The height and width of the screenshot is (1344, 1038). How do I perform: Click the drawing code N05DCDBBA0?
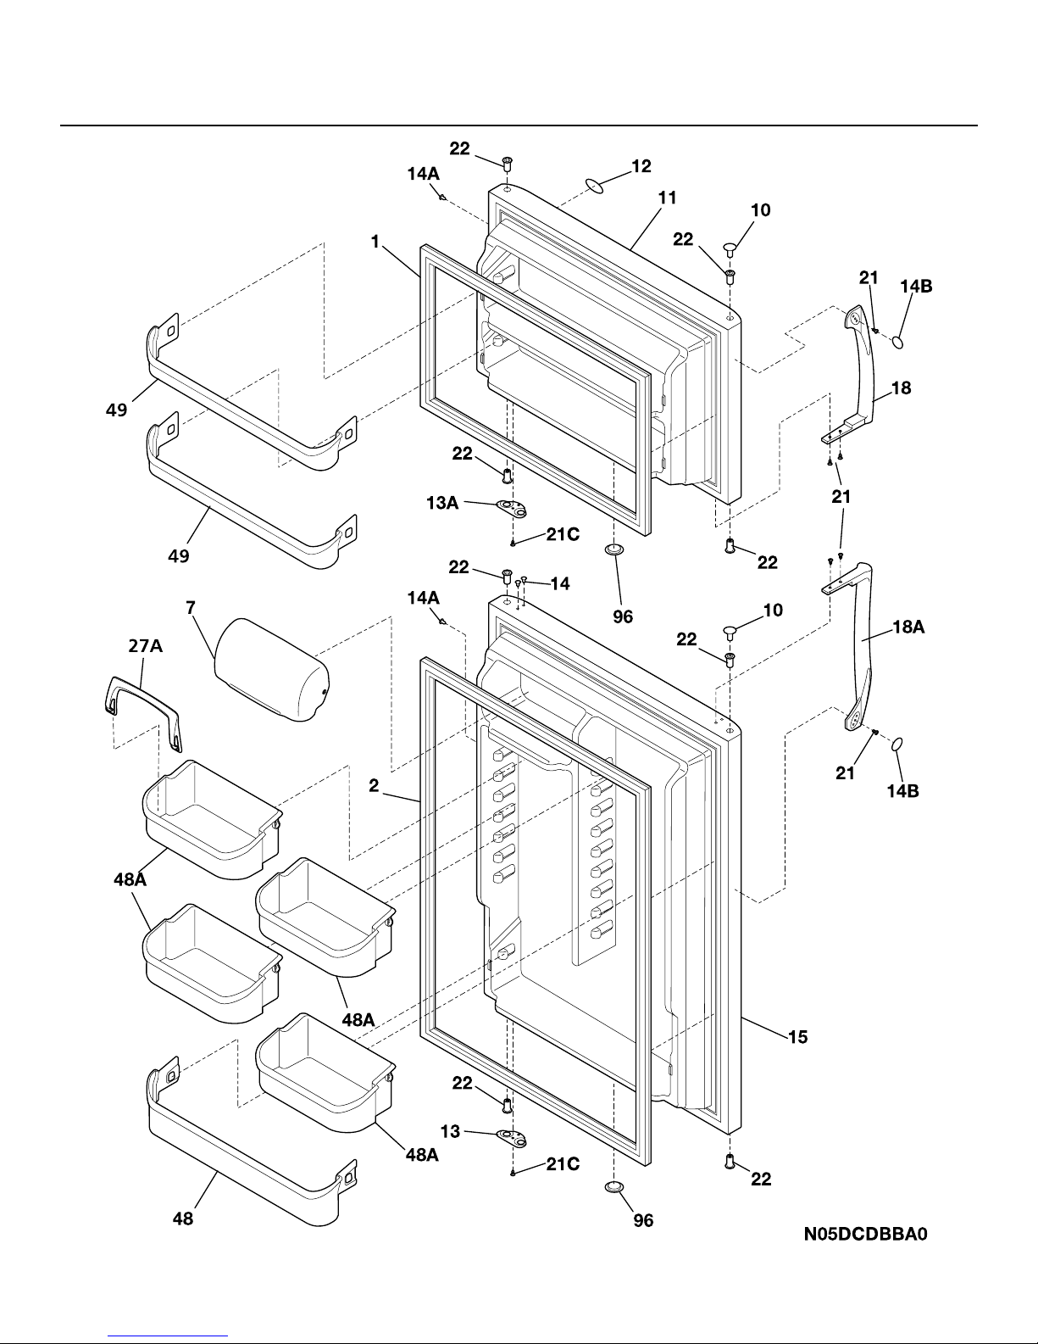[866, 1234]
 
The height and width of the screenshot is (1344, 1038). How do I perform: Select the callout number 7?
[192, 608]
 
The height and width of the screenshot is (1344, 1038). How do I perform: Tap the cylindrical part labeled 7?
[271, 670]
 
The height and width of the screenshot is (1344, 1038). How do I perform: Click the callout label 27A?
[145, 647]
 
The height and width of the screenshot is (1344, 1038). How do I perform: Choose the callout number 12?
[641, 166]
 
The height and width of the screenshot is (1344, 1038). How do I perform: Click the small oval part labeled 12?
[597, 186]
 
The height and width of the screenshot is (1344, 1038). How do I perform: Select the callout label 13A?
[442, 504]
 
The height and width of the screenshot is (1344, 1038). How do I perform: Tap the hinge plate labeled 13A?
[511, 510]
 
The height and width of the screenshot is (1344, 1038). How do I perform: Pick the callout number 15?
[797, 1036]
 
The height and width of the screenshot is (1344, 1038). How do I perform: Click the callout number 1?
[375, 242]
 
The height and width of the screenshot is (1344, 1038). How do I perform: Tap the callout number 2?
[373, 786]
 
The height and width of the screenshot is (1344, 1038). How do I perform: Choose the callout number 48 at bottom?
[183, 1219]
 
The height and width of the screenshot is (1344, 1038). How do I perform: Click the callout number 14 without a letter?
[559, 583]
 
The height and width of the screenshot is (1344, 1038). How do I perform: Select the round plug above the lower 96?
[615, 1185]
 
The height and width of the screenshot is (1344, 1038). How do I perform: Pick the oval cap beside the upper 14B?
[900, 340]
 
